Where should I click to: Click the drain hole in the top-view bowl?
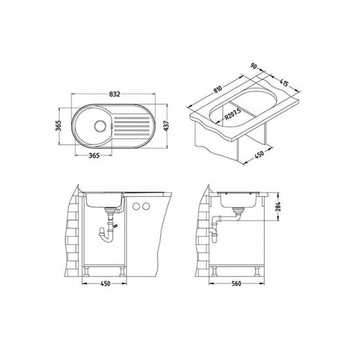point(100,126)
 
